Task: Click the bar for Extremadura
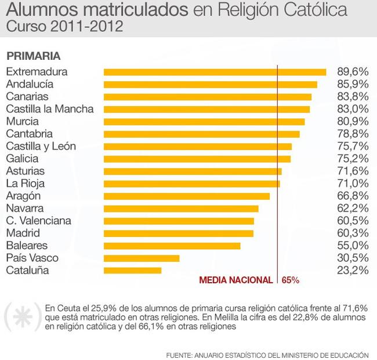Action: click(215, 72)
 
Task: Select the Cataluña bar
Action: click(132, 271)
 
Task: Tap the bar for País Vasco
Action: click(142, 258)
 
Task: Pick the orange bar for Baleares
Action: click(172, 246)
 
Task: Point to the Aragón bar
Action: click(187, 196)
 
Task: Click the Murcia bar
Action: click(204, 122)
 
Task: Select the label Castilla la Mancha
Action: click(49, 109)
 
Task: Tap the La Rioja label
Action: click(26, 183)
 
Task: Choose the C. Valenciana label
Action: click(38, 221)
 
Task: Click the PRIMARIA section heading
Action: click(34, 56)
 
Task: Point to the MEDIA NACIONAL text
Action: click(235, 280)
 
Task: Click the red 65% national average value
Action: click(291, 280)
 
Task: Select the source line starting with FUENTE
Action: click(267, 353)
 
